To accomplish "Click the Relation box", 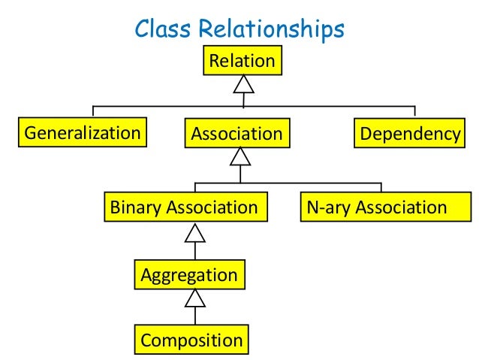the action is (243, 60).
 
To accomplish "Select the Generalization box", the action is (83, 132).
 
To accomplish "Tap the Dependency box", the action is (409, 133).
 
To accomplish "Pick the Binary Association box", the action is (185, 207).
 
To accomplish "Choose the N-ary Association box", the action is (386, 207).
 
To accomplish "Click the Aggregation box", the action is (190, 274).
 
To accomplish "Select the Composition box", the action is (191, 340).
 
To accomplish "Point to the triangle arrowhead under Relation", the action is (243, 84).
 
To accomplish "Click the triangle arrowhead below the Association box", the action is (240, 156).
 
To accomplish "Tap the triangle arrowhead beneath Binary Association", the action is (195, 233).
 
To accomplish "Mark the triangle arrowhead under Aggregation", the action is (195, 298).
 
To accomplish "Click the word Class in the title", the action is (163, 29).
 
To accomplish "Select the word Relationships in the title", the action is (272, 29).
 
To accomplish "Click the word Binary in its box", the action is (135, 207).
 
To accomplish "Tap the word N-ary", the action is (328, 207).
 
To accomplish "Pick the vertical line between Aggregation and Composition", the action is (195, 316).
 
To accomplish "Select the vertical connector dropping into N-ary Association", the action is (381, 187).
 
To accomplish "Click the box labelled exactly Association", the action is (237, 133).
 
